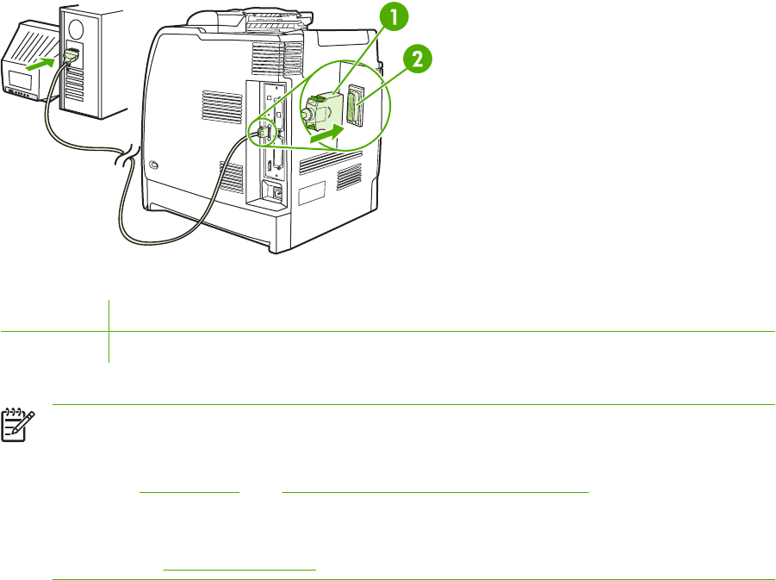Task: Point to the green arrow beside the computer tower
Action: pyautogui.click(x=43, y=62)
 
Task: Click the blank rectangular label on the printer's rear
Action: pyautogui.click(x=311, y=192)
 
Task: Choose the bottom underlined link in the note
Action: pyautogui.click(x=239, y=568)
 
